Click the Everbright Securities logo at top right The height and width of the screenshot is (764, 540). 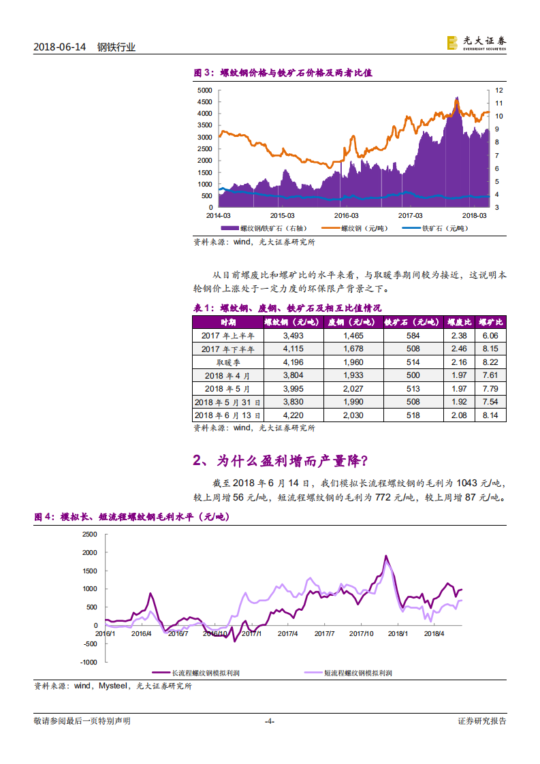click(476, 42)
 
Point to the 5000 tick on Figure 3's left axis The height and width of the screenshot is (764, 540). click(204, 90)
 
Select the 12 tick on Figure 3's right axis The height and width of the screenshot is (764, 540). click(498, 90)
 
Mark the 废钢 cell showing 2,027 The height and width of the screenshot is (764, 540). click(353, 388)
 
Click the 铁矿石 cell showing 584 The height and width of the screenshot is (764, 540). click(413, 336)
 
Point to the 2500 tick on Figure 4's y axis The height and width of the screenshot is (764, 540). click(90, 535)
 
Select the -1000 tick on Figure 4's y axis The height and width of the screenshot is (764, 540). click(89, 662)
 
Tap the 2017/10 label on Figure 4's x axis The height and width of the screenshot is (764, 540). click(361, 633)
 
